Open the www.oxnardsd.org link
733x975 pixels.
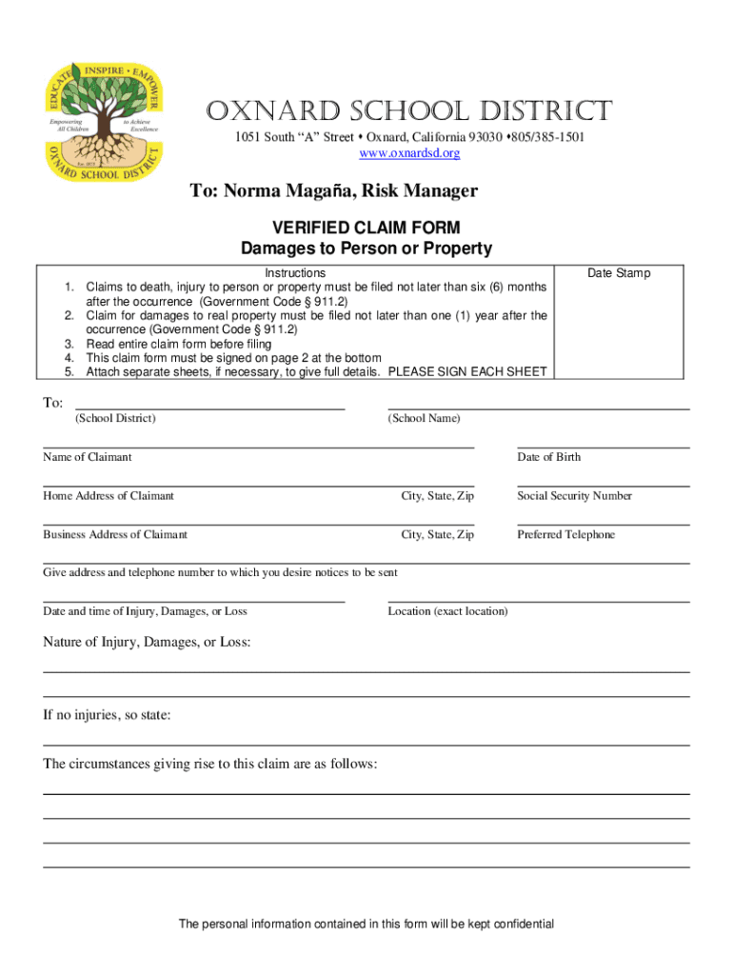pos(409,153)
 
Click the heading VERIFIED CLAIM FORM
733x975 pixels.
pos(366,228)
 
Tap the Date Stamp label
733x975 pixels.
pos(619,273)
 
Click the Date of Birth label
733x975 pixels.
pos(549,457)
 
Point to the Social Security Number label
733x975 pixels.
pos(575,496)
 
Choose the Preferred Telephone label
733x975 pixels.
pos(566,535)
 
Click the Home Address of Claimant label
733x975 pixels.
pos(109,496)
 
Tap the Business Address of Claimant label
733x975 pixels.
pos(115,535)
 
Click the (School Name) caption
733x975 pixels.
pos(424,419)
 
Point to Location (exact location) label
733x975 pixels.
pos(447,611)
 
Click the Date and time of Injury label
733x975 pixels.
pos(145,611)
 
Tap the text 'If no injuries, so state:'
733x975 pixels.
pos(107,715)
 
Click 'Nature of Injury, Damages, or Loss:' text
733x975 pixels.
pos(147,643)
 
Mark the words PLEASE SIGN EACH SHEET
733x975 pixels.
pos(468,371)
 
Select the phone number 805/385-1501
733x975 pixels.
pos(547,138)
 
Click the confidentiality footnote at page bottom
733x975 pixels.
pos(366,924)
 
